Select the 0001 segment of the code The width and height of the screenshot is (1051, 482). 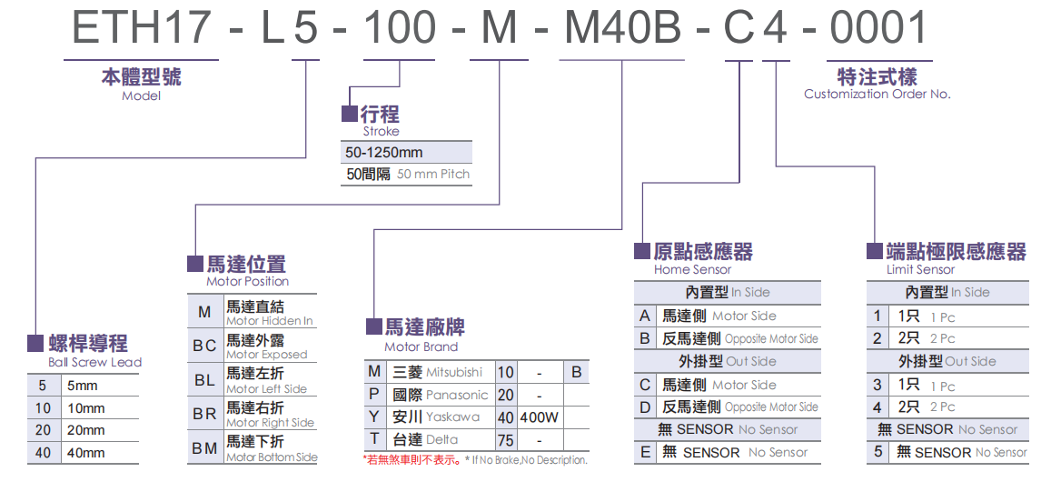[x=878, y=29]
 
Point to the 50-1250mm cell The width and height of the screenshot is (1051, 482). [x=385, y=152]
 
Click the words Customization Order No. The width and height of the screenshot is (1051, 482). [x=877, y=94]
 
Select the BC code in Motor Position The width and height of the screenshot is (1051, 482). [x=204, y=346]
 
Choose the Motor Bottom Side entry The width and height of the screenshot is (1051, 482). [x=271, y=457]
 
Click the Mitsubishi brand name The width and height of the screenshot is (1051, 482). [x=451, y=372]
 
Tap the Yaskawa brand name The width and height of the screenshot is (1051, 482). [x=452, y=417]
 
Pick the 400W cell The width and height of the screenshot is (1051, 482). [x=540, y=417]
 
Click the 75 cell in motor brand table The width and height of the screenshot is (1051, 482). [x=505, y=439]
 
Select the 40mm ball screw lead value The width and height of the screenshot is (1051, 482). [x=86, y=452]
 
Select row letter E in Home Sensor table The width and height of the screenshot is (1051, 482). [x=645, y=452]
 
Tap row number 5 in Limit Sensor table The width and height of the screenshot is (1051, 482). [x=877, y=452]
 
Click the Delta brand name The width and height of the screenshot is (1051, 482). [x=442, y=439]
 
